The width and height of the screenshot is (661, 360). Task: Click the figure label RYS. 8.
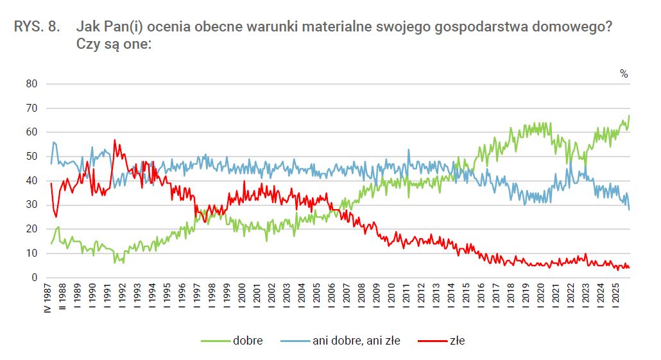pyautogui.click(x=37, y=27)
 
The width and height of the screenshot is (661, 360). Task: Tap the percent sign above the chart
pyautogui.click(x=624, y=74)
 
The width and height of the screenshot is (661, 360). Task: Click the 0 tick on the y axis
pyautogui.click(x=35, y=278)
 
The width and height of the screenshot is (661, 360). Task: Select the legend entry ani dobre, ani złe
pyautogui.click(x=356, y=341)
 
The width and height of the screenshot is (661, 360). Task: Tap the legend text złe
pyautogui.click(x=457, y=341)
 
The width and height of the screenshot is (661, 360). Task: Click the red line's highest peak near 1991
pyautogui.click(x=115, y=139)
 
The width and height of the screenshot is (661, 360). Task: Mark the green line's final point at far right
pyautogui.click(x=630, y=116)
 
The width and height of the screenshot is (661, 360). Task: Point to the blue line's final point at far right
pyautogui.click(x=630, y=210)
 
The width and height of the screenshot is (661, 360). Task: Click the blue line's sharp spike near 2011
pyautogui.click(x=409, y=150)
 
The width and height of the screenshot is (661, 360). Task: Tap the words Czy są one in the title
pyautogui.click(x=113, y=45)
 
